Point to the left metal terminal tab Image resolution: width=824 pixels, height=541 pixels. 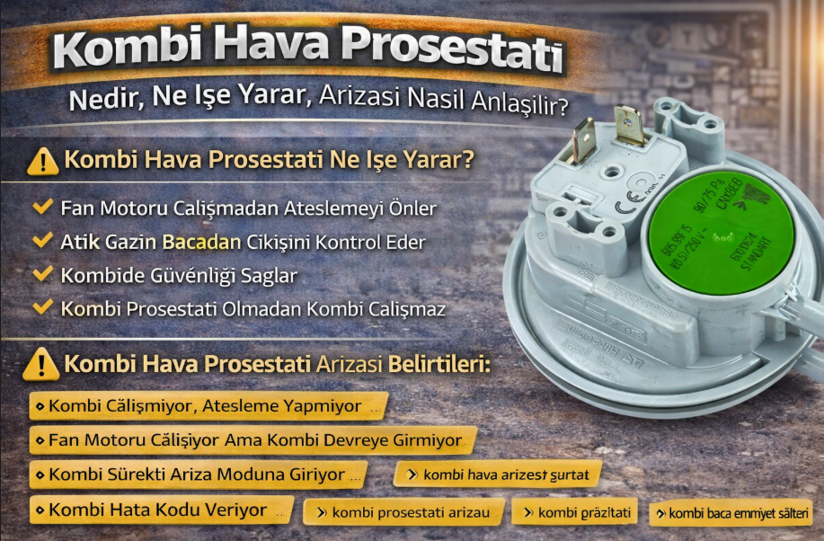tap(585, 139)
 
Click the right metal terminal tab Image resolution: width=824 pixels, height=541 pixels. tap(630, 125)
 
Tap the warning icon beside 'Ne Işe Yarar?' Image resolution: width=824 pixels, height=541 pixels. tap(43, 162)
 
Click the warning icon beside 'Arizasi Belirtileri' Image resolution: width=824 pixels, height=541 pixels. tap(41, 365)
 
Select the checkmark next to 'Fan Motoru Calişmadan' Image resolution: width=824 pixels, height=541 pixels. tap(42, 208)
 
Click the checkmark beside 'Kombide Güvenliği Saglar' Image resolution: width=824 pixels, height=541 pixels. tap(42, 273)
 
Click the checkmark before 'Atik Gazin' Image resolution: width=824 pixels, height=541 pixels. tap(42, 241)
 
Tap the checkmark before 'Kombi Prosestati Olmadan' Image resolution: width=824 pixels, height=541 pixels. tap(42, 306)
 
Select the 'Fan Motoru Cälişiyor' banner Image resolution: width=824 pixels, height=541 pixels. tap(252, 440)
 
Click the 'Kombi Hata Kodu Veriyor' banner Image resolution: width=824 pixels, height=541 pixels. tap(162, 510)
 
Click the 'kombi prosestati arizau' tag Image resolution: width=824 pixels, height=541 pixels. tap(403, 512)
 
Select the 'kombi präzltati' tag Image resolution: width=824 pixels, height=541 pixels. tap(576, 512)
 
